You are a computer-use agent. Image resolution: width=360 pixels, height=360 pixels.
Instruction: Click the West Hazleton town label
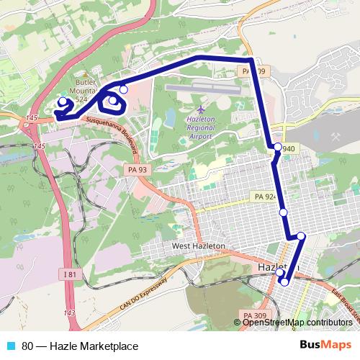point(199,246)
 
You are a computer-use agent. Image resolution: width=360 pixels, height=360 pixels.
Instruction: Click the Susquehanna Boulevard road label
point(112,129)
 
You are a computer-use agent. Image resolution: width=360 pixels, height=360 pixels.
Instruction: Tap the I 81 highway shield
point(69,274)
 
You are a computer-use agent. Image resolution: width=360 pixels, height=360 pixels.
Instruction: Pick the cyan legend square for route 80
point(10,345)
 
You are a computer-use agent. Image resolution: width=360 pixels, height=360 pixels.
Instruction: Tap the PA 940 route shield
point(287,149)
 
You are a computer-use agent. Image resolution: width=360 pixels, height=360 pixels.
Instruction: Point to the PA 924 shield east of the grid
point(264,196)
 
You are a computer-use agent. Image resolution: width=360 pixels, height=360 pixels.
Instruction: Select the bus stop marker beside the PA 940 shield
point(277,148)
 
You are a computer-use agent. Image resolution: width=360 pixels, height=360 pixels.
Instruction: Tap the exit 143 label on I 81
point(69,312)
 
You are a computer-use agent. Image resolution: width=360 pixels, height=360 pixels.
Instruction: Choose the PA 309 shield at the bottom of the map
point(253,315)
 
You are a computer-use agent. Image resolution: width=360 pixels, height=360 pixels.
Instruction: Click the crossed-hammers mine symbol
point(336,135)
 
